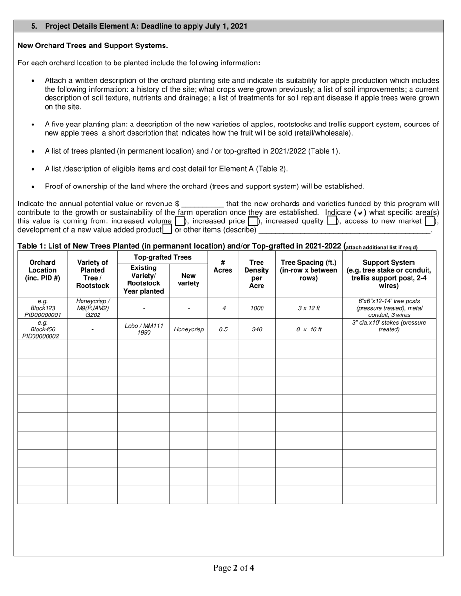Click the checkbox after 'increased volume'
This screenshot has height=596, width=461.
(180, 221)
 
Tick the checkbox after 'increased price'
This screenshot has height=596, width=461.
(252, 221)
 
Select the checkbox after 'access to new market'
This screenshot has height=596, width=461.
(429, 221)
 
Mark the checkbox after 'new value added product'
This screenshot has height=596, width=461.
(167, 229)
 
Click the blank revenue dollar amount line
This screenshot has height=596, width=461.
(202, 204)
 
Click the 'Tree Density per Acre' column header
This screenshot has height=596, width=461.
(256, 274)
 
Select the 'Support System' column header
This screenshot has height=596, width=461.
(389, 274)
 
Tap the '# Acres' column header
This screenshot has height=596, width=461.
(223, 267)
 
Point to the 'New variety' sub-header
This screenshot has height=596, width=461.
(188, 280)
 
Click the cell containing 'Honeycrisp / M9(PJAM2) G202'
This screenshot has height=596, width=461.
(93, 308)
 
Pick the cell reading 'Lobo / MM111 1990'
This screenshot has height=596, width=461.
(144, 329)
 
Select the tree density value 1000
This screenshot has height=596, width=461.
(257, 308)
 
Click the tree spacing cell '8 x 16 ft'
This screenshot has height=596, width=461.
(309, 329)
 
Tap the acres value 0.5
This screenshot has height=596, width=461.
(223, 329)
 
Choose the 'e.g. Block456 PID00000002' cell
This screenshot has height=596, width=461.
(42, 329)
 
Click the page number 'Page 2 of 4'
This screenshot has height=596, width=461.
(233, 568)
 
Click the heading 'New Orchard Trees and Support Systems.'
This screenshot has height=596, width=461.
(93, 46)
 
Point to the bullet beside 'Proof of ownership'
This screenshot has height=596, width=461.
(33, 187)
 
